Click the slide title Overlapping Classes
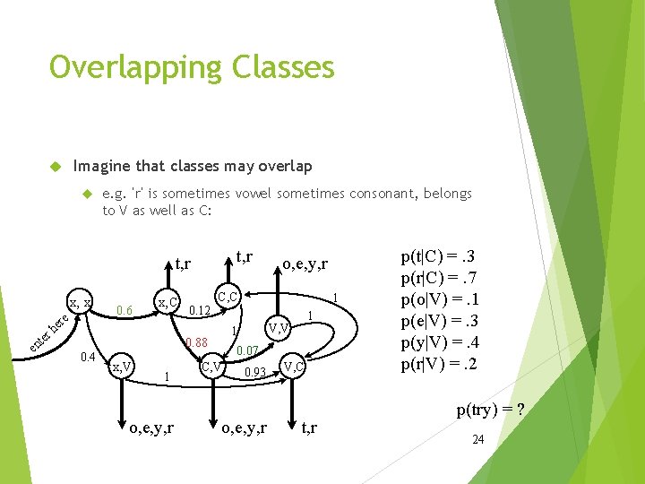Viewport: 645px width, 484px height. [192, 67]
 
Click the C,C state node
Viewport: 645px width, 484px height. [228, 295]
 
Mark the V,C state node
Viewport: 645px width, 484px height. [294, 366]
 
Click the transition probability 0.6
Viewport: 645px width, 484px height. [125, 310]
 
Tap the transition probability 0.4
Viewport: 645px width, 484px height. [88, 358]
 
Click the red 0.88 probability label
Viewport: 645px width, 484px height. [195, 342]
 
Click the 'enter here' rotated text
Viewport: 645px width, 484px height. [48, 333]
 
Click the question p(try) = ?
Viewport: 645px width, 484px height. [489, 411]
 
